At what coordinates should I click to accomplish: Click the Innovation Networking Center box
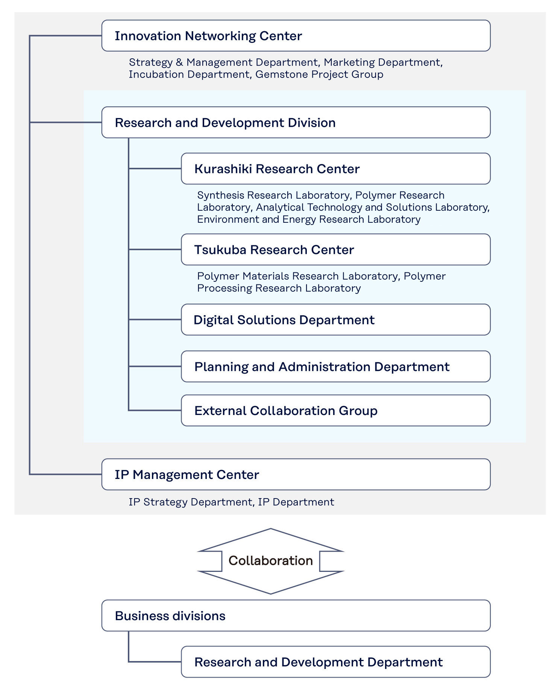click(x=296, y=36)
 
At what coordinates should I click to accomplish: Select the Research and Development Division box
click(x=296, y=122)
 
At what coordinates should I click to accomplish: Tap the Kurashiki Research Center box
click(x=335, y=169)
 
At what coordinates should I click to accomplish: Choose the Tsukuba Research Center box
click(x=335, y=249)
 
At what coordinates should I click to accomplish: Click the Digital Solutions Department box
click(x=335, y=319)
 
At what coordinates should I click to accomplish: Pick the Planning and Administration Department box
click(x=335, y=366)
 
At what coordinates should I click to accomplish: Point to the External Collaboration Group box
click(x=335, y=410)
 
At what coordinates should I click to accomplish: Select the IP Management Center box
click(x=296, y=474)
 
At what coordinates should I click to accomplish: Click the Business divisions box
click(x=296, y=616)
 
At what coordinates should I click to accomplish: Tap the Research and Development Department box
click(x=335, y=662)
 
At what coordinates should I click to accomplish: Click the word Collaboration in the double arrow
click(x=270, y=561)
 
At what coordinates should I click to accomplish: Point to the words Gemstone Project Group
click(x=319, y=74)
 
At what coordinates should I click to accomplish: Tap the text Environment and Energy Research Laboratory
click(x=308, y=219)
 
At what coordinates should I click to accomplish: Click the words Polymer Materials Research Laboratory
click(x=297, y=276)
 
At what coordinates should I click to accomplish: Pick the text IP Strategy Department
click(x=190, y=502)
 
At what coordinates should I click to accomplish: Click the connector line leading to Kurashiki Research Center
click(x=155, y=169)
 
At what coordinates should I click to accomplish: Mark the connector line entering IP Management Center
click(x=66, y=474)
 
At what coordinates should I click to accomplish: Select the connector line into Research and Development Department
click(x=155, y=662)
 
